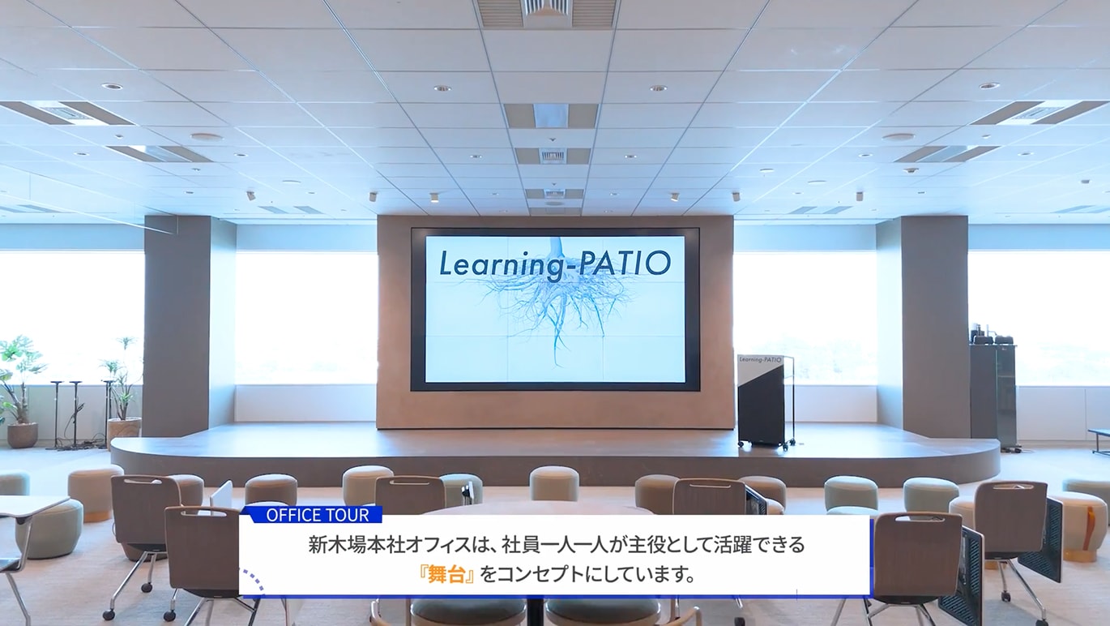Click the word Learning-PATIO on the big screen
(554, 264)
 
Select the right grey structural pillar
(922, 324)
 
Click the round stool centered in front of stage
(554, 483)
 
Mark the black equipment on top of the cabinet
(992, 336)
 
